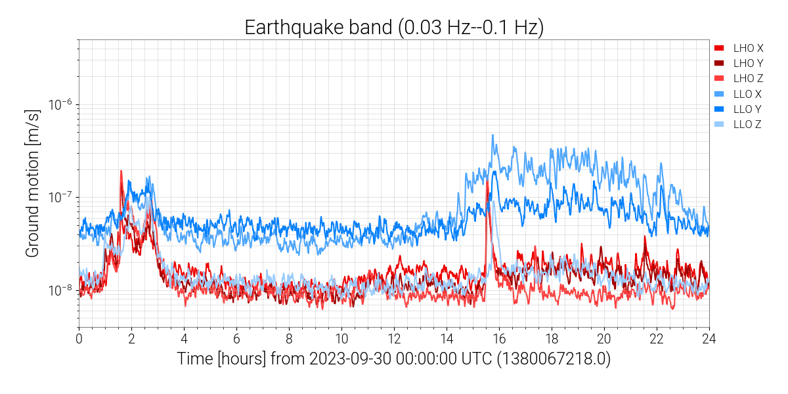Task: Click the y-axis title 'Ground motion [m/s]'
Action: click(33, 183)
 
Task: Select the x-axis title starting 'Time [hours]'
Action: click(394, 360)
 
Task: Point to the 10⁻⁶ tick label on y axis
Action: click(62, 105)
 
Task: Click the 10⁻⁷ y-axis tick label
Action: click(62, 198)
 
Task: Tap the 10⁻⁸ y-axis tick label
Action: click(62, 290)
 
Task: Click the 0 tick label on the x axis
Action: click(79, 339)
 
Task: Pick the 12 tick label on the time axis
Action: click(394, 339)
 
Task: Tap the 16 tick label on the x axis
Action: click(499, 339)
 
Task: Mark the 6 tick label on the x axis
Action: click(236, 339)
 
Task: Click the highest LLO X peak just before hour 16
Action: click(492, 136)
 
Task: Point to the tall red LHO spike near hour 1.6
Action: click(121, 171)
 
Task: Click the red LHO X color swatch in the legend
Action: click(720, 48)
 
